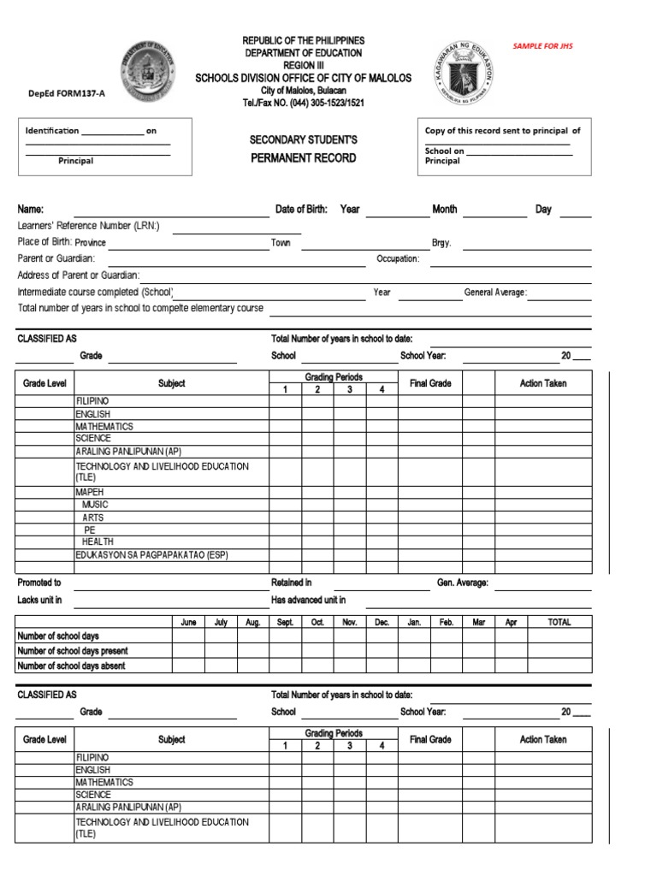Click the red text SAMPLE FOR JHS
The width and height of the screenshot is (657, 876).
point(542,45)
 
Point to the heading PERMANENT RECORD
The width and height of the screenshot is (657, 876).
point(303,158)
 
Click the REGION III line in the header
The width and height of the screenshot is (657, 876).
point(303,65)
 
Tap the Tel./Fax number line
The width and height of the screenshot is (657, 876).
point(303,103)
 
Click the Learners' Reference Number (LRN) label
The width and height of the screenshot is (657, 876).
point(89,226)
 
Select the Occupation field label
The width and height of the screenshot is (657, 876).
point(398,258)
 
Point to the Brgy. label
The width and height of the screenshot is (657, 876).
point(441,243)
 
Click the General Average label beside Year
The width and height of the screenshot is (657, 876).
point(495,293)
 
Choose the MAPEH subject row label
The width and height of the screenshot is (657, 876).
point(89,493)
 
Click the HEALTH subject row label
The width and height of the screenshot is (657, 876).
point(98,542)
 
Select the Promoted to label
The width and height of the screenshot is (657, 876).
point(39,583)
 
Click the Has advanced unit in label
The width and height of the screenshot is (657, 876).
point(308,601)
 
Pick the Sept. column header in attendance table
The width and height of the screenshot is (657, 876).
point(285,623)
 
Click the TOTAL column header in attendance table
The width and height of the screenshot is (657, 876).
point(559,623)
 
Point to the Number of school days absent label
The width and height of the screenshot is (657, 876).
point(71,666)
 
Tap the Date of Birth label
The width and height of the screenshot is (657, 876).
point(301,210)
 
